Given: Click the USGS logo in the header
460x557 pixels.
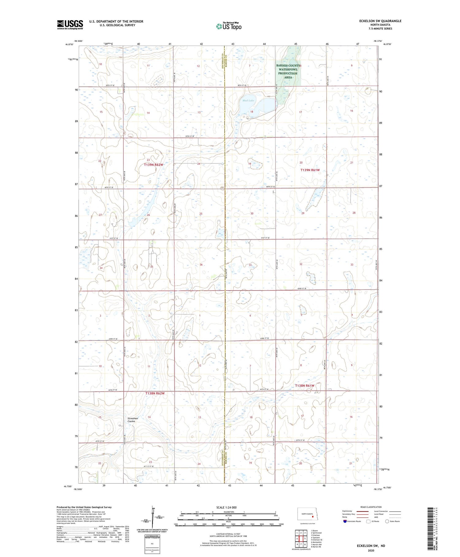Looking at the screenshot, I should [x=70, y=25].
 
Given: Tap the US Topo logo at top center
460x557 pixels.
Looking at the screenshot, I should [x=228, y=26].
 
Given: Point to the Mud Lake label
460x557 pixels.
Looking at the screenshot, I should [x=248, y=100].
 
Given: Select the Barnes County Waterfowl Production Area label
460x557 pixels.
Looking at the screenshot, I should [x=288, y=71].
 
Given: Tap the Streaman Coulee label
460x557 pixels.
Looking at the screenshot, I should [x=133, y=420].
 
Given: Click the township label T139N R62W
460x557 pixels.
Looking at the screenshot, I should [x=154, y=165].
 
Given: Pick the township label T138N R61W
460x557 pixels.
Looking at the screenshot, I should [x=305, y=386].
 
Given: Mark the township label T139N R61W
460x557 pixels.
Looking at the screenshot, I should [x=310, y=170].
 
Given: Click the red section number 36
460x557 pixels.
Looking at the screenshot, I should [x=201, y=265].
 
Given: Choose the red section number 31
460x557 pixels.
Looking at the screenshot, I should [x=250, y=265].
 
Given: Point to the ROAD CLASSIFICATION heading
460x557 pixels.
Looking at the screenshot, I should [x=371, y=507].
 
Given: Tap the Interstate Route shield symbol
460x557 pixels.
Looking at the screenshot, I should [x=345, y=521].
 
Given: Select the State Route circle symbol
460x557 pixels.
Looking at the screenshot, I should [x=387, y=521].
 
